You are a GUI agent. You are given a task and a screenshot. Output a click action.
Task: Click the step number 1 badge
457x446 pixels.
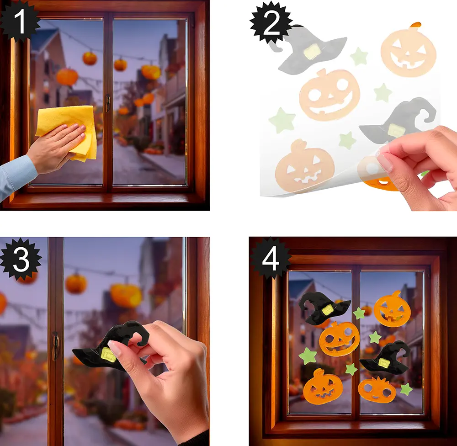click(x=19, y=21)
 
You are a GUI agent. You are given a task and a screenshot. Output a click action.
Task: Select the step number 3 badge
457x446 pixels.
click(x=21, y=259)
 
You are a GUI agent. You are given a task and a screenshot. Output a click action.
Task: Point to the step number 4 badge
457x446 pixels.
click(x=271, y=259)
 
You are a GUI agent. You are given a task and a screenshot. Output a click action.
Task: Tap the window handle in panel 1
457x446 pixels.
click(x=108, y=103)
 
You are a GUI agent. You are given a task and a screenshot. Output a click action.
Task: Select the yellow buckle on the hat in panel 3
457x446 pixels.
click(x=108, y=355)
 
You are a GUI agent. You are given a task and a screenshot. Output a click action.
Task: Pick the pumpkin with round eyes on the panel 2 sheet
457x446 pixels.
click(x=329, y=95)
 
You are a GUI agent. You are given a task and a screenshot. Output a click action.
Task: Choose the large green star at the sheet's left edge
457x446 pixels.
click(x=282, y=121)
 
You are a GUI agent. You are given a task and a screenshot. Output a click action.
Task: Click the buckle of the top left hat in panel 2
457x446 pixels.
click(x=312, y=51)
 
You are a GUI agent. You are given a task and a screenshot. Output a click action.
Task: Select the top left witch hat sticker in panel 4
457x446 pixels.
click(x=324, y=308)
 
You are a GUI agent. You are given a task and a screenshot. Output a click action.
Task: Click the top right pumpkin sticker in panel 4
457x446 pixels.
click(x=392, y=309)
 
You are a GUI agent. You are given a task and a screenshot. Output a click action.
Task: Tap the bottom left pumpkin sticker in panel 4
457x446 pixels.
click(x=323, y=386)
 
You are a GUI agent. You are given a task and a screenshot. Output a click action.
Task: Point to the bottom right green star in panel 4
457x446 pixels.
click(x=406, y=389)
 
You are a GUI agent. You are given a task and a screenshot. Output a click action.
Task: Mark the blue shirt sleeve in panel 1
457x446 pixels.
click(x=16, y=176)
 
